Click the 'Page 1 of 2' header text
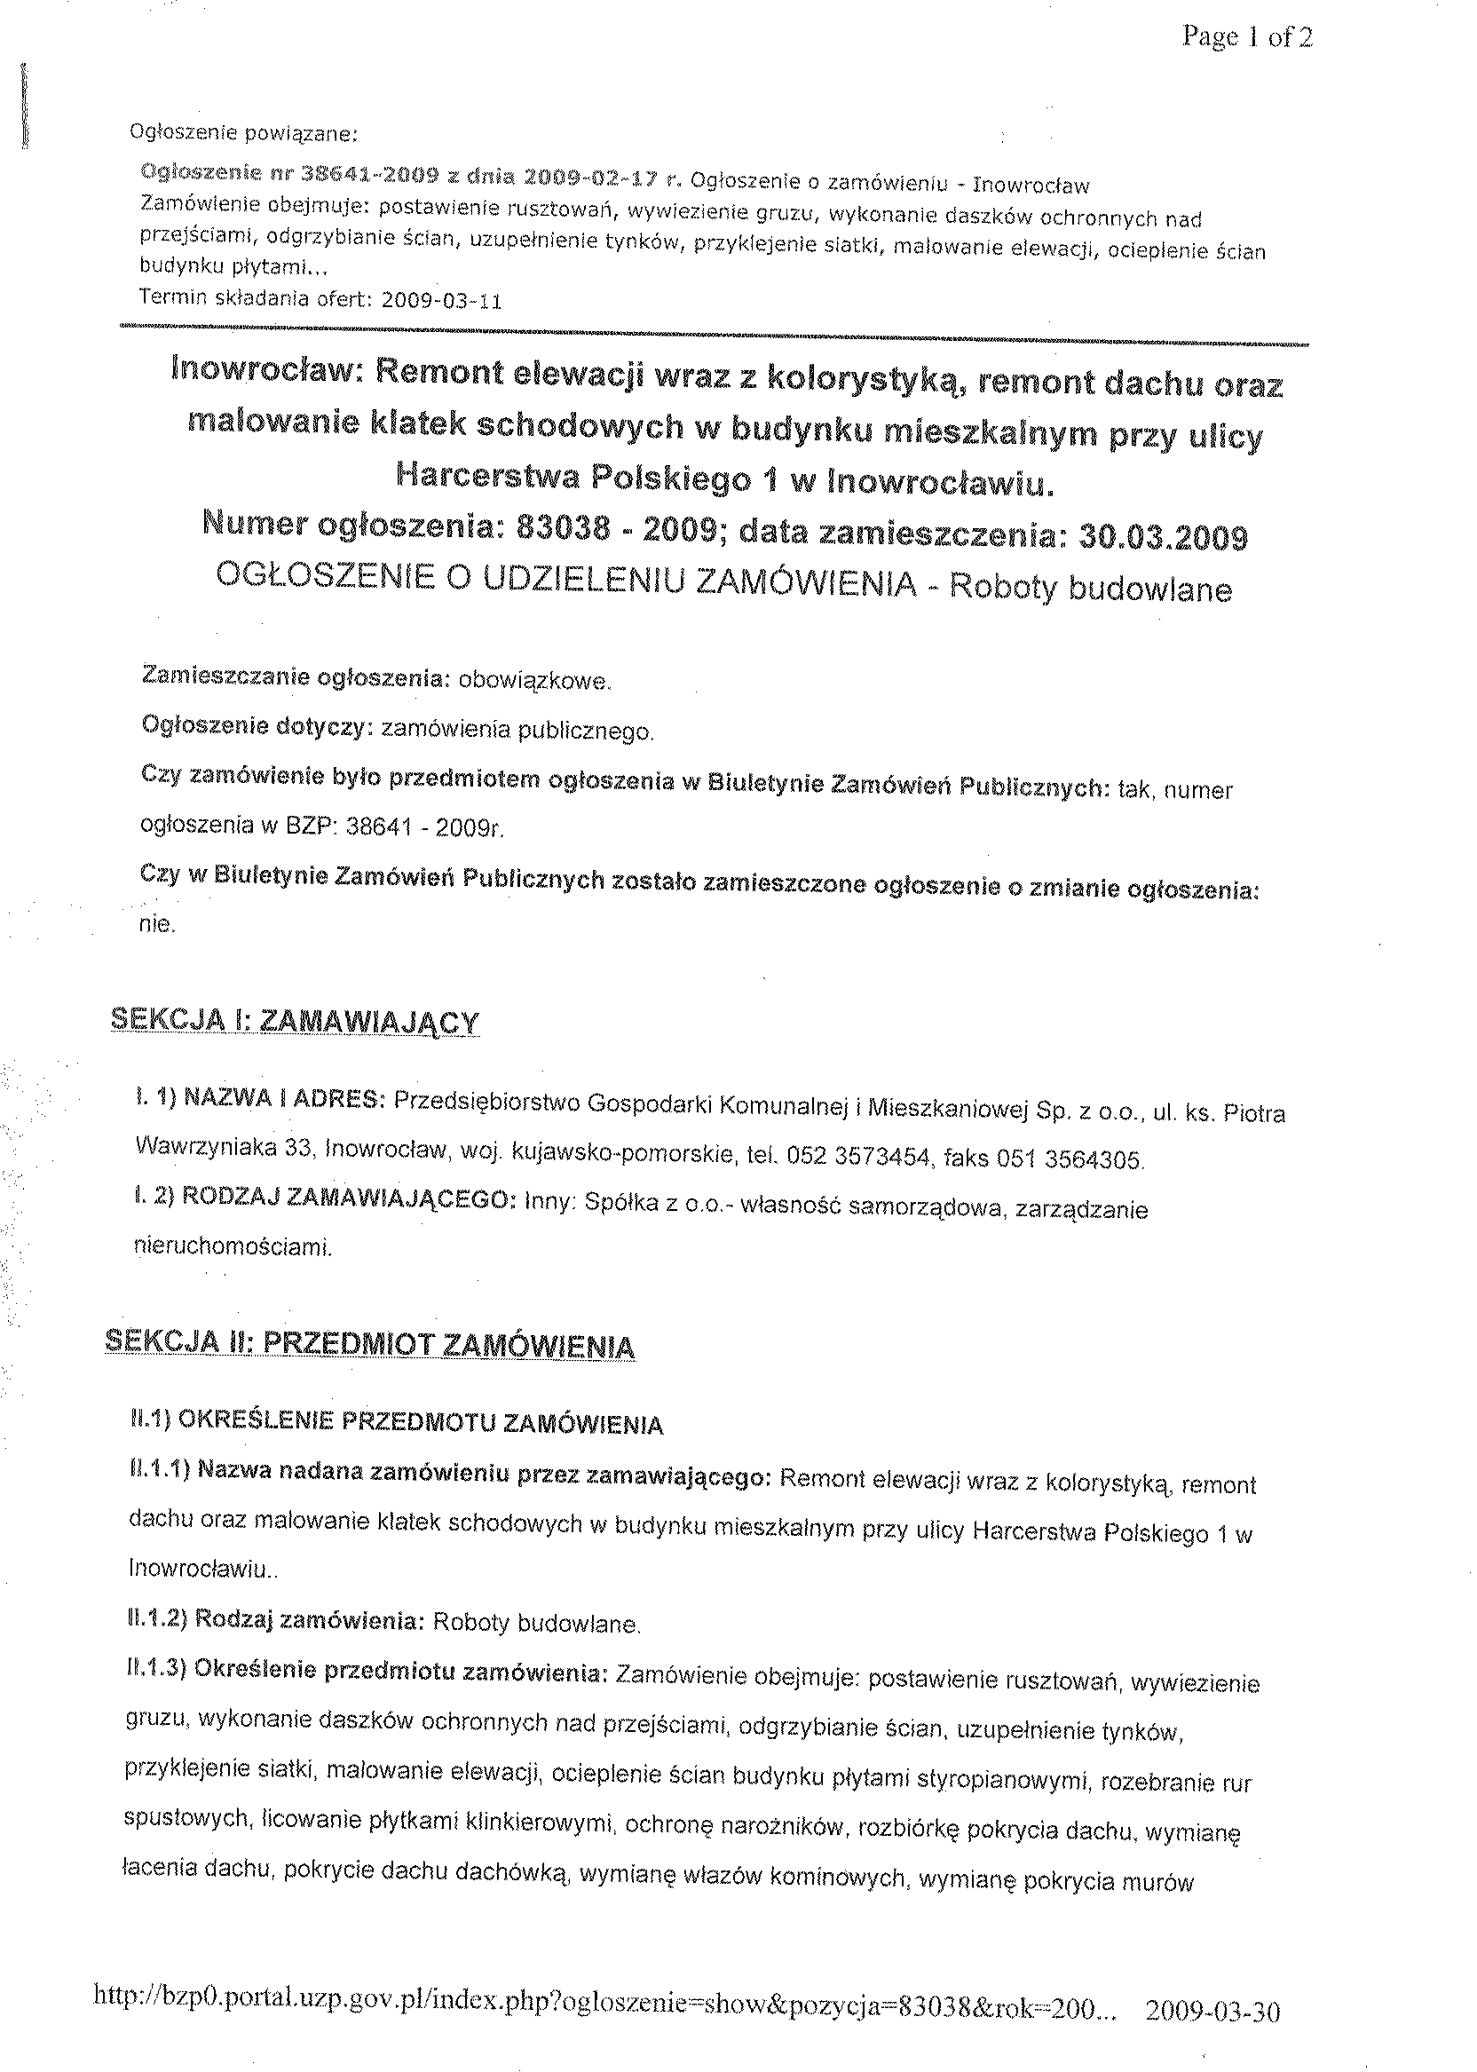pos(1247,38)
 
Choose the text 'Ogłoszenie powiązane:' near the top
pos(245,134)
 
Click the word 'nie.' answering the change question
pos(155,925)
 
